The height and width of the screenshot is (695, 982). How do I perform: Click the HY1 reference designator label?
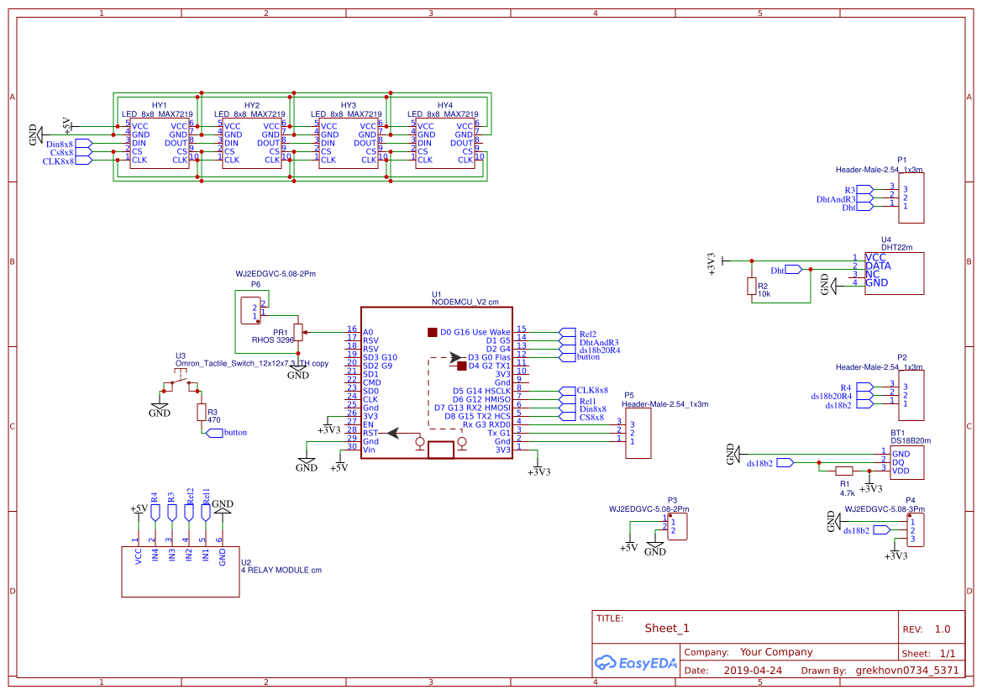(x=159, y=105)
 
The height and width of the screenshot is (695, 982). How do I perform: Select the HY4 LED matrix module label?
(x=445, y=105)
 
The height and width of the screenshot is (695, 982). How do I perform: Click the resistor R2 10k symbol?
(x=751, y=287)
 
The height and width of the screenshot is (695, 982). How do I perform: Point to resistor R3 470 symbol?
(x=201, y=412)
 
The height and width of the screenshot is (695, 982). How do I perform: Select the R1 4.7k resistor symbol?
(x=844, y=471)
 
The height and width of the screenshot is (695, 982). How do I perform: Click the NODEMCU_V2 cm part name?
(x=465, y=302)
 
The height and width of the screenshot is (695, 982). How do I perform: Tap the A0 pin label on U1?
(x=368, y=332)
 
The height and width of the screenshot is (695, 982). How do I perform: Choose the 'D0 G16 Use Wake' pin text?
(x=475, y=332)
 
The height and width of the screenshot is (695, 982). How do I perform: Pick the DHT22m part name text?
(x=896, y=248)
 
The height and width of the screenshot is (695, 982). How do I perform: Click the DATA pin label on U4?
(x=878, y=266)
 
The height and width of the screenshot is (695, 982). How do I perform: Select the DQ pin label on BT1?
(x=897, y=462)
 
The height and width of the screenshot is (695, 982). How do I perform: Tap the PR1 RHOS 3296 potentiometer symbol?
(x=298, y=331)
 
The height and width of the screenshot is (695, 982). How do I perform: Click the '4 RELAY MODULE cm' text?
(x=281, y=571)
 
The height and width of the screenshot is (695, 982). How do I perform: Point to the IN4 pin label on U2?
(x=155, y=555)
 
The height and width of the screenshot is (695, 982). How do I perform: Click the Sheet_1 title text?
(x=667, y=628)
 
